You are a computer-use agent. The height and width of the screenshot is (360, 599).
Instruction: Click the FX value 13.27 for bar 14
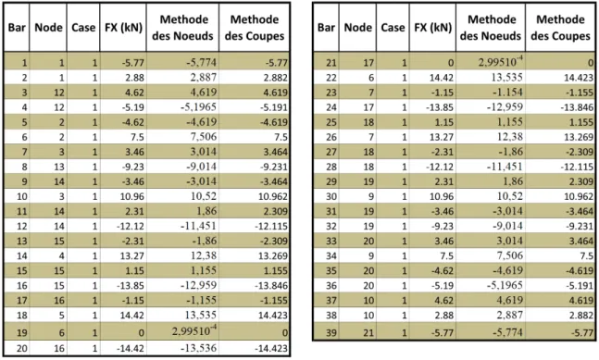(x=132, y=255)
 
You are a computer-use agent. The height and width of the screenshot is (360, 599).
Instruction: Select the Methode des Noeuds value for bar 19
(x=194, y=330)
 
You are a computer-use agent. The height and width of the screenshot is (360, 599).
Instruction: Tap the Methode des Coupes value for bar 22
(x=579, y=78)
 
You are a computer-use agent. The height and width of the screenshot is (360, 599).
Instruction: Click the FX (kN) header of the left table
(x=123, y=28)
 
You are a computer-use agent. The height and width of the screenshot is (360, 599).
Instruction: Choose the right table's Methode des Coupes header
(x=560, y=28)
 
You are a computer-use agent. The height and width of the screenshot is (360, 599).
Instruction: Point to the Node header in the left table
(x=48, y=28)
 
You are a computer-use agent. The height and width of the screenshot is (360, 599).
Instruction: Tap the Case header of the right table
(x=393, y=28)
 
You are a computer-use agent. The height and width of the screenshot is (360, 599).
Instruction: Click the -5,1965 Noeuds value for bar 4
(x=199, y=107)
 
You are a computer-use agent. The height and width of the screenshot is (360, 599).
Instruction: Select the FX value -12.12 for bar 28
(x=440, y=167)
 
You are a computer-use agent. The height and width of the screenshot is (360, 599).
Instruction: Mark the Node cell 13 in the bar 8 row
(x=59, y=167)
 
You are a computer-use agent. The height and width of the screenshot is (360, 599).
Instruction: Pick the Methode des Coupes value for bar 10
(x=273, y=196)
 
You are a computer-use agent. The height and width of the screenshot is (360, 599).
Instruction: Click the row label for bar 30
(x=331, y=196)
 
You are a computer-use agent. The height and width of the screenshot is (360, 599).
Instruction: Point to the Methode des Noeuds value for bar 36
(x=505, y=286)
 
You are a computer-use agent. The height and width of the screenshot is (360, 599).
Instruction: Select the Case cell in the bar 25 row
(x=405, y=122)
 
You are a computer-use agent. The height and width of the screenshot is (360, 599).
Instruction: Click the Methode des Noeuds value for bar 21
(x=501, y=61)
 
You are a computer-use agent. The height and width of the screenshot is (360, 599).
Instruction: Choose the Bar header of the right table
(x=326, y=28)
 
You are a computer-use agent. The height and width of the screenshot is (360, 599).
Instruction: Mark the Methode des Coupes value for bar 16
(x=271, y=286)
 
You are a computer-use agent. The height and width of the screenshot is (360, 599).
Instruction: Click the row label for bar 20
(x=22, y=349)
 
